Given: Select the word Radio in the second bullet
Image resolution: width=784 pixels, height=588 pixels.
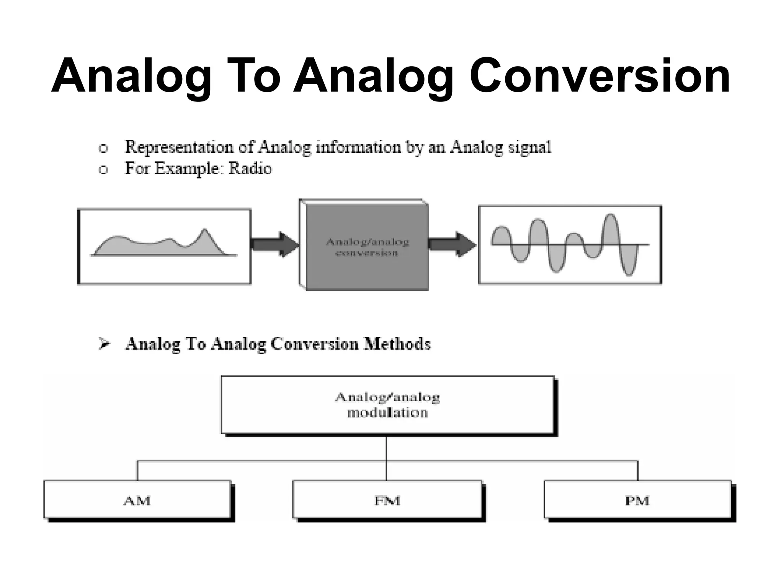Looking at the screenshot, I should pos(250,169).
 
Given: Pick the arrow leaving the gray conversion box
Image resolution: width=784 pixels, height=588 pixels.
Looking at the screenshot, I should pos(452,244).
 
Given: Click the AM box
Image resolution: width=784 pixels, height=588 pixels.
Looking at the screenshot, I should pos(137,500).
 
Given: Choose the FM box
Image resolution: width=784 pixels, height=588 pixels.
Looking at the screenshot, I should pos(387,500).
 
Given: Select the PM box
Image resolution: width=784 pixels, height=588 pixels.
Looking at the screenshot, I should pos(637,500).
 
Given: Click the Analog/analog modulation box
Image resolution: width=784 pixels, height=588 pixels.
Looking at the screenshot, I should pos(387,405).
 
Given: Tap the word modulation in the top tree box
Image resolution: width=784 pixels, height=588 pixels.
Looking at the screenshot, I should pos(387,413).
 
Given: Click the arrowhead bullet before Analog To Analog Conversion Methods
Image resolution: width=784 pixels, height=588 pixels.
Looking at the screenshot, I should pos(104,343).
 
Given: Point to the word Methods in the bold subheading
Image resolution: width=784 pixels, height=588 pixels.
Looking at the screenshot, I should pos(397,344).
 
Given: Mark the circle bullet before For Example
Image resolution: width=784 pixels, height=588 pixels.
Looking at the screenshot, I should pos(103,170).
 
